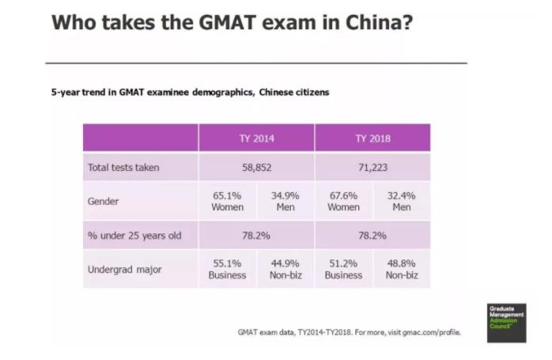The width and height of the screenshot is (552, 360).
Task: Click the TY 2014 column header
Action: coord(256,138)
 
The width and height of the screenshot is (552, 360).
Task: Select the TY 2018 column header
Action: coord(372,138)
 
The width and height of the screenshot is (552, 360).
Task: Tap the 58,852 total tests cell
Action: coord(256,168)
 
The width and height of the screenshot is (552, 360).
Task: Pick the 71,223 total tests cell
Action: coord(372,168)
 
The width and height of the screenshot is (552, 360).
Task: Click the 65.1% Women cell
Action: coord(227,201)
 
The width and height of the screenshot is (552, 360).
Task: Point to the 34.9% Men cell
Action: coord(285,201)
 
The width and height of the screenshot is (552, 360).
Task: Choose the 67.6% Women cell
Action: coord(343,201)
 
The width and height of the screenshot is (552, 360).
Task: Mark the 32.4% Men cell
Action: coord(401,201)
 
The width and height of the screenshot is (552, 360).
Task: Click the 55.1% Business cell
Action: coord(227,269)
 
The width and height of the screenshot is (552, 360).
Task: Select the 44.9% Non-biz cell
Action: coord(285,269)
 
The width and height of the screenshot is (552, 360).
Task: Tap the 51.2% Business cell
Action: coord(343,269)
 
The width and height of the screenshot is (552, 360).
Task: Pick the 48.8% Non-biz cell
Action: coord(401,269)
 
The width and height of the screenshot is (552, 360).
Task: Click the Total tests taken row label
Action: coord(123,168)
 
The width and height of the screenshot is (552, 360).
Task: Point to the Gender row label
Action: coord(103,202)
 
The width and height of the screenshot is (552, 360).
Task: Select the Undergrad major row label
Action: coord(124,270)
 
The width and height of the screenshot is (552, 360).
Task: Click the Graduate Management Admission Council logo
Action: coord(506,322)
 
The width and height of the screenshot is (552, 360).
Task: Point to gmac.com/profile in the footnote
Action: coord(433,332)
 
